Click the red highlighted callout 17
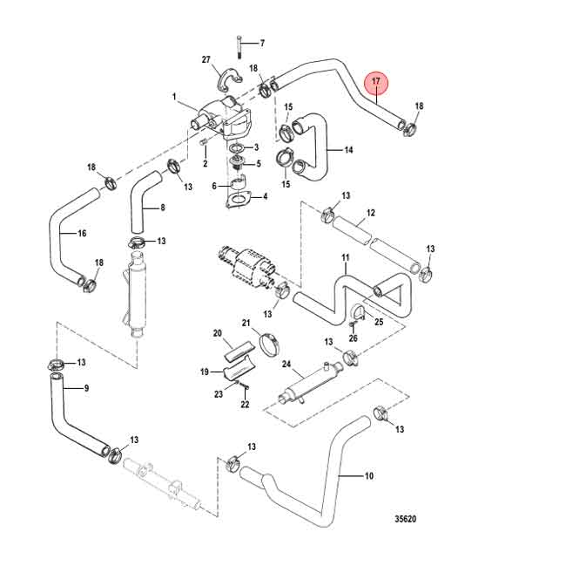(376, 83)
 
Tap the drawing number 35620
(405, 519)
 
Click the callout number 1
(174, 97)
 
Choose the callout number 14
(348, 150)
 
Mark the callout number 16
(82, 234)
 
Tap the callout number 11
(345, 257)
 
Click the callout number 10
(368, 476)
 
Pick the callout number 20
(218, 333)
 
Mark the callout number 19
(206, 372)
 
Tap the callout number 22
(246, 404)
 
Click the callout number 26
(354, 338)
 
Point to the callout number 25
(379, 322)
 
